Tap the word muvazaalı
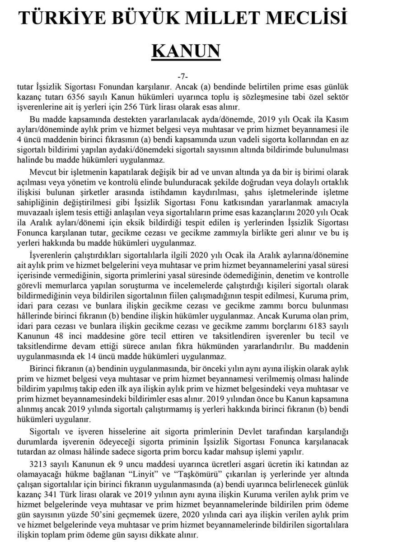(x=45, y=213)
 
